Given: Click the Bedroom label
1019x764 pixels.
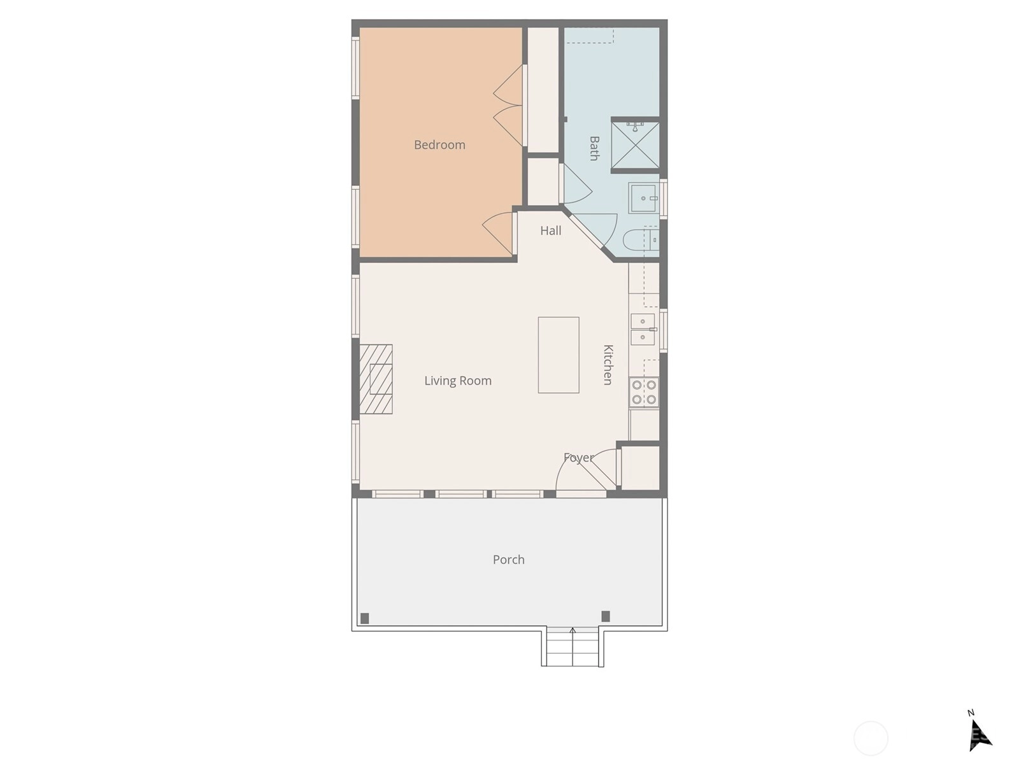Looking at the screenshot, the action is (x=439, y=145).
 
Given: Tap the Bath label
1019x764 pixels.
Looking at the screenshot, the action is (x=594, y=148).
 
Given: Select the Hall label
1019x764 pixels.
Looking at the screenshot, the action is (x=551, y=230).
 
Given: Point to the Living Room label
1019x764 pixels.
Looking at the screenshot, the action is (x=458, y=381).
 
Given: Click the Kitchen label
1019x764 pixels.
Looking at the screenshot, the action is (x=608, y=365).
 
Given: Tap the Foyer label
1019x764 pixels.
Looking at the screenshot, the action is (x=578, y=458).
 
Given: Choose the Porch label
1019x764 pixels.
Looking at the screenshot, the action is (x=509, y=560).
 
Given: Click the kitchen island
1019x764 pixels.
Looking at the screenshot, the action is (x=559, y=355).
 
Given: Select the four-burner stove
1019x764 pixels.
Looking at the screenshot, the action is (x=644, y=392).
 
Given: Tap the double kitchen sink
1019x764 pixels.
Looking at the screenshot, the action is (x=643, y=329).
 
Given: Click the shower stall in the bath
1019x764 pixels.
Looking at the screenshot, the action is (x=635, y=145).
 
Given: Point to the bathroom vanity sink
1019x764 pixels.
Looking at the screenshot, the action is (x=643, y=198).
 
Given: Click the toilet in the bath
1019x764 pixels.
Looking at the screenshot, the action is (x=641, y=240).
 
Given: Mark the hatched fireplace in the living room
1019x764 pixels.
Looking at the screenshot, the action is (x=376, y=379).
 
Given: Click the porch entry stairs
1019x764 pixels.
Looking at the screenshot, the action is (x=573, y=646).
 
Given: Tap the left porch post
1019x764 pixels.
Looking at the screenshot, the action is (x=365, y=618).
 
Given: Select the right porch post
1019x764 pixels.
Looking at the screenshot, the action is (x=606, y=616).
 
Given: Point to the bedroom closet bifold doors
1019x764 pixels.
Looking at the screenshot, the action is (x=508, y=106).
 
